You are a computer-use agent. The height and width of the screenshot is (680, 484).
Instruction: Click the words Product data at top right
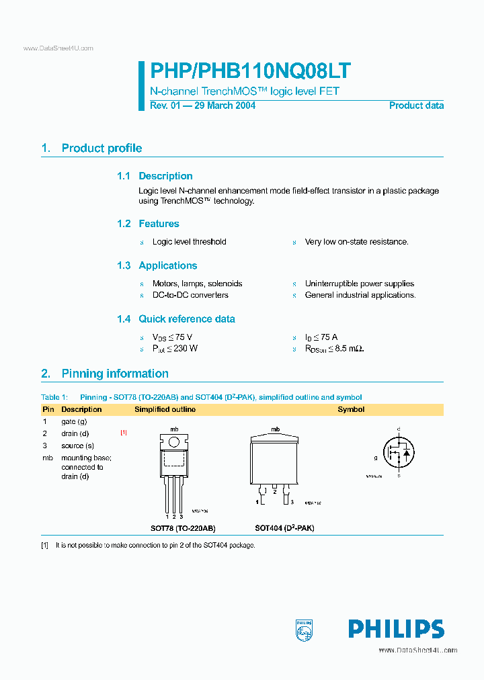click(416, 105)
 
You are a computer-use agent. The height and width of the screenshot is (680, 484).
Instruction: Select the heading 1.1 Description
click(155, 176)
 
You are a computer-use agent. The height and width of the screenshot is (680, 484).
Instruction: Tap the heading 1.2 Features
click(148, 224)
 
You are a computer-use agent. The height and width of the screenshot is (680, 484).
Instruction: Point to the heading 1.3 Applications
click(157, 265)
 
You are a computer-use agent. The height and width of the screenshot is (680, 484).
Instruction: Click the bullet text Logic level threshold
click(189, 242)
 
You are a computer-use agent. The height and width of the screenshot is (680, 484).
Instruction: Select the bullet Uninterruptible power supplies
click(360, 284)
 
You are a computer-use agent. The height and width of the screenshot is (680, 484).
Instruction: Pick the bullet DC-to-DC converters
click(190, 295)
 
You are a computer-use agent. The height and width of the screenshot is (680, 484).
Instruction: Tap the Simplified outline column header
click(165, 409)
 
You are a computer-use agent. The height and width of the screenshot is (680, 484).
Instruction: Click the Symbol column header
click(351, 409)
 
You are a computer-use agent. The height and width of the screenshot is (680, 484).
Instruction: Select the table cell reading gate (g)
click(74, 421)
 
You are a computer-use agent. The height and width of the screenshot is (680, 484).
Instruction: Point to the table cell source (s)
click(77, 445)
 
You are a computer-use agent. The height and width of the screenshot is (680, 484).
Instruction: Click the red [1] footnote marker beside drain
click(124, 433)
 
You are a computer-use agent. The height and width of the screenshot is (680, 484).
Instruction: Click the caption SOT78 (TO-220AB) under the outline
click(183, 528)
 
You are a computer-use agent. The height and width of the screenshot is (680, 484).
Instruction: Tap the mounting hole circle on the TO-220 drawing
click(174, 442)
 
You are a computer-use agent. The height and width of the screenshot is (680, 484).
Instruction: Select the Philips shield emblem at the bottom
click(305, 629)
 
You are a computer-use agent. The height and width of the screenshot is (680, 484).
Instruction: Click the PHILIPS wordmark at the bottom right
click(396, 629)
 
